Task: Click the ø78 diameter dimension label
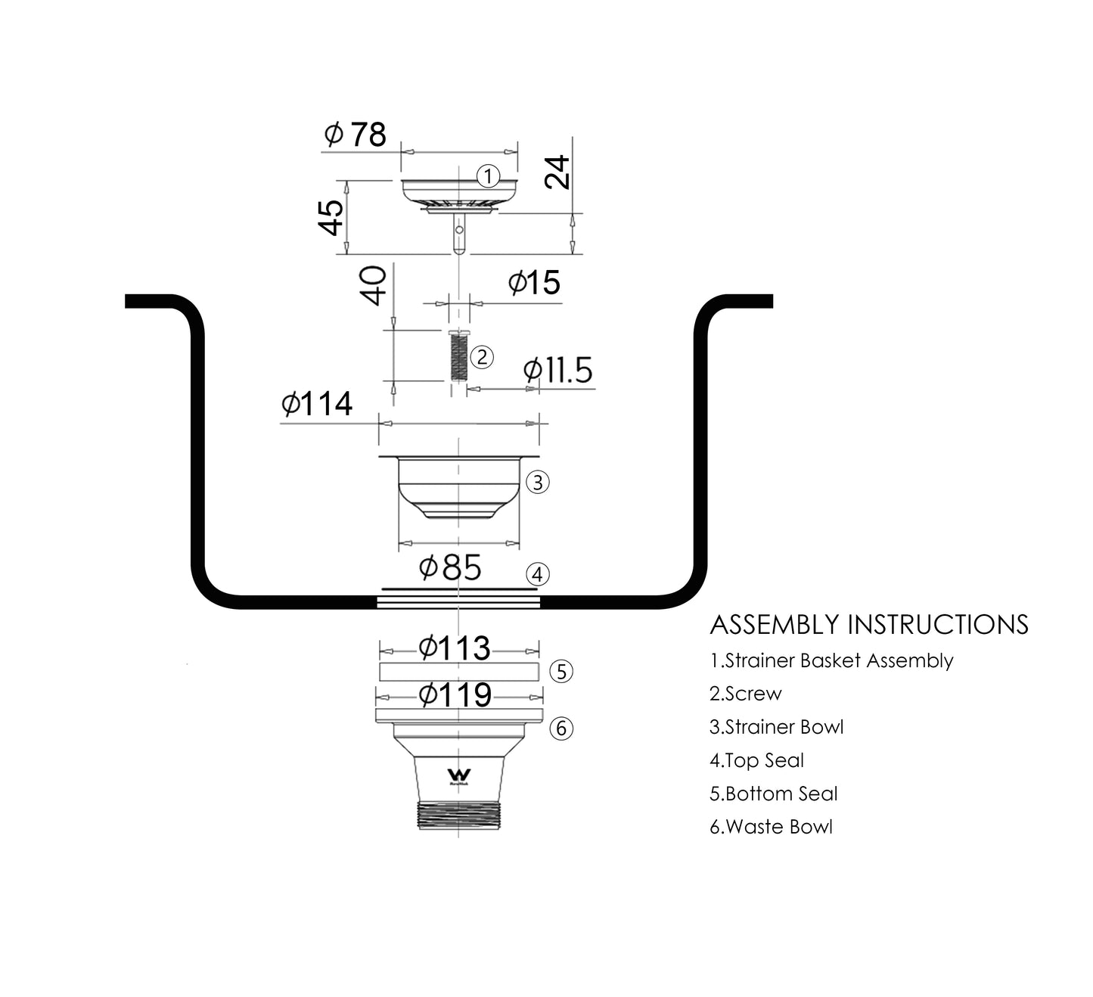pos(356,134)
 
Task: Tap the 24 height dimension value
pos(557,172)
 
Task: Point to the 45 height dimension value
pos(331,218)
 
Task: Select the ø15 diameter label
pos(534,282)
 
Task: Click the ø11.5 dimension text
pos(557,370)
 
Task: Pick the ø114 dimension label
pos(317,403)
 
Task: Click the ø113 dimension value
pos(455,648)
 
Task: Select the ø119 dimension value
pos(455,694)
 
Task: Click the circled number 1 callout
pos(488,176)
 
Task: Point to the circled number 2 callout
pos(482,357)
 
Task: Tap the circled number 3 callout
pos(537,483)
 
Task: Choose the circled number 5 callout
pos(561,672)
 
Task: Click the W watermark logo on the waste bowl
pos(459,776)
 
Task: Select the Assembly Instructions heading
pos(868,625)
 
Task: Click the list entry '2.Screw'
pos(745,694)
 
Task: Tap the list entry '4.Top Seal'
pos(756,760)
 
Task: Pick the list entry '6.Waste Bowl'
pos(771,827)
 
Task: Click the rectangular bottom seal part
pos(459,672)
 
